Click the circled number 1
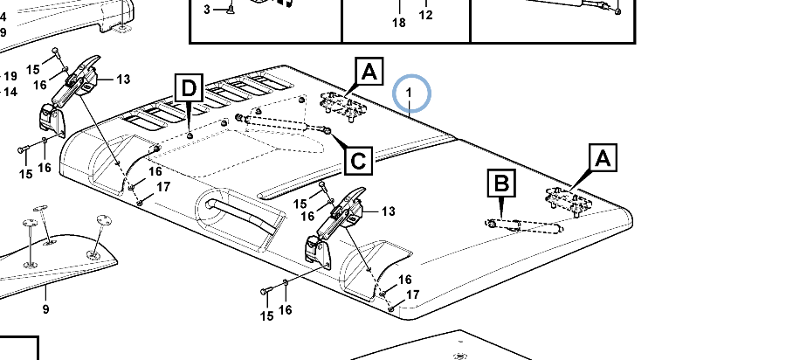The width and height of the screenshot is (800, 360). tap(412, 93)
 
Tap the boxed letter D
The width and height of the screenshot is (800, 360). tap(190, 89)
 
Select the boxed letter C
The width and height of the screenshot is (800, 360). tap(359, 160)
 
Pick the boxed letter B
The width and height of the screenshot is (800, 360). tap(501, 184)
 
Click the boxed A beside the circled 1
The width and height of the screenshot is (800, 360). tap(369, 72)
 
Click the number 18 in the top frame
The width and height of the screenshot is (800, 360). tap(399, 23)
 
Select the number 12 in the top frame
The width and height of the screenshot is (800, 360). tap(425, 15)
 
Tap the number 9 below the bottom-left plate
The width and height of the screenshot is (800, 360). tap(46, 309)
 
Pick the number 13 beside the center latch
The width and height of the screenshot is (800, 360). tap(387, 211)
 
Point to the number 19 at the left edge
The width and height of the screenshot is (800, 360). tap(10, 76)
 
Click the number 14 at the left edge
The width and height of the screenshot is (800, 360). tap(10, 92)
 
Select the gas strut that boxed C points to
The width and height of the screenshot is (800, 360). tap(284, 123)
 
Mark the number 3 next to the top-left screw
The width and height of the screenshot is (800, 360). tap(208, 9)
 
